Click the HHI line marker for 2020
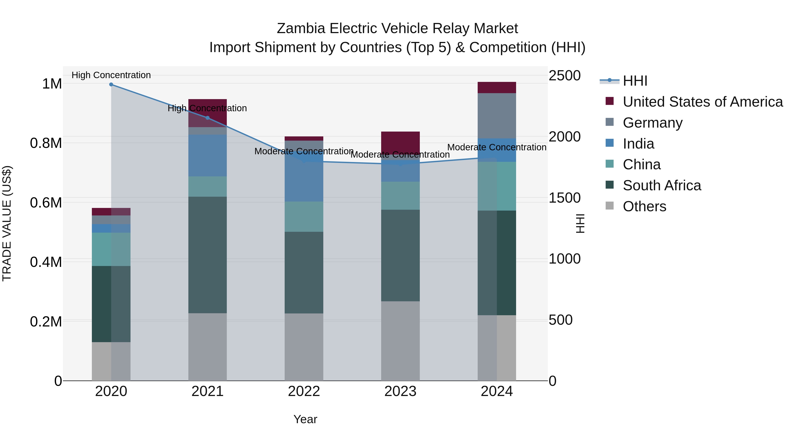point(111,85)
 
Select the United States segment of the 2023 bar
point(400,143)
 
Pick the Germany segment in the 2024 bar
point(497,116)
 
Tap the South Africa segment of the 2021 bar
point(207,255)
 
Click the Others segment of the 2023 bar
point(400,341)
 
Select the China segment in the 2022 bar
point(304,217)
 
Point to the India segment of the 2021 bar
point(207,155)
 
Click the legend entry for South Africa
point(662,185)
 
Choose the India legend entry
point(638,144)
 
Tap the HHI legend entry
point(635,81)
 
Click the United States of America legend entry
point(702,102)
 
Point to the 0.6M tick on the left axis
point(46,203)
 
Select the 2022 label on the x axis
point(304,391)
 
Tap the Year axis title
point(305,419)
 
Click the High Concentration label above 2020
point(111,75)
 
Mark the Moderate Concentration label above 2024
point(497,147)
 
